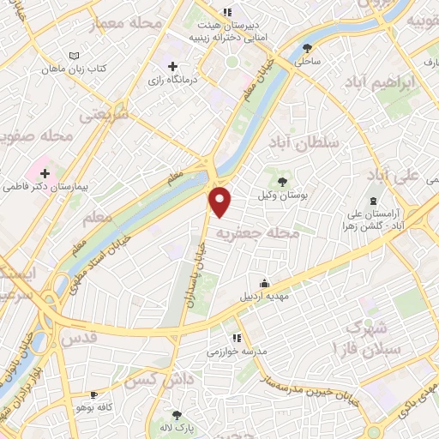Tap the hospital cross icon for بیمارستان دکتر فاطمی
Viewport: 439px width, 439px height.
pos(45,173)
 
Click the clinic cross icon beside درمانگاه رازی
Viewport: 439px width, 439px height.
pos(173,66)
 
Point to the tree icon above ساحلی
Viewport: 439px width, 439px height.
pos(307,48)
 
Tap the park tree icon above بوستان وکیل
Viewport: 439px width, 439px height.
pos(283,181)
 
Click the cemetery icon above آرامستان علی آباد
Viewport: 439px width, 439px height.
pos(371,201)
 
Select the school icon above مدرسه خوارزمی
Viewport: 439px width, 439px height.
pos(237,338)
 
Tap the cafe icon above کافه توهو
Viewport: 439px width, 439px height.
pos(93,395)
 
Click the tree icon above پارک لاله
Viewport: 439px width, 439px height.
pos(178,415)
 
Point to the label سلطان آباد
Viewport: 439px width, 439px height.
pos(304,141)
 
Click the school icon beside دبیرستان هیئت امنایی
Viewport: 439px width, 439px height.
pos(226,13)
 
